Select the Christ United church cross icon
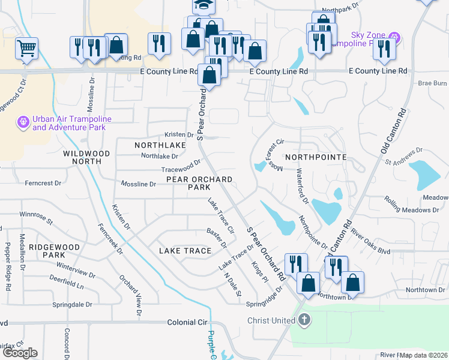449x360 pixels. pyautogui.click(x=304, y=320)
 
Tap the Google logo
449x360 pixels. pyautogui.click(x=20, y=353)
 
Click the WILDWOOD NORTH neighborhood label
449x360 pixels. pyautogui.click(x=86, y=157)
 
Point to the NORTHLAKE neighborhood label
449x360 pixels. pyautogui.click(x=160, y=145)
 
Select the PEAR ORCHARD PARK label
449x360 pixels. pyautogui.click(x=191, y=183)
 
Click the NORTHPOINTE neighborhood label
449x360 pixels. pyautogui.click(x=316, y=157)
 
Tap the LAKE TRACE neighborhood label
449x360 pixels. pyautogui.click(x=185, y=250)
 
